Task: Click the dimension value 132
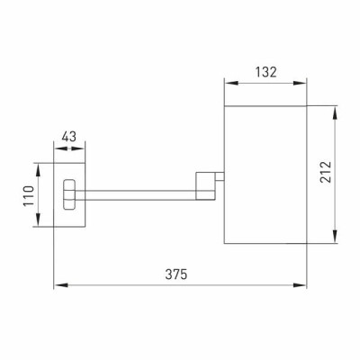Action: (x=265, y=72)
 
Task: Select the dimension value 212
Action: (x=326, y=172)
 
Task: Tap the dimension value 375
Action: (x=176, y=274)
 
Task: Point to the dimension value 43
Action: (x=69, y=137)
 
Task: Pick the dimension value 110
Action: (x=29, y=196)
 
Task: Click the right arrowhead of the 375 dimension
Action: (x=300, y=285)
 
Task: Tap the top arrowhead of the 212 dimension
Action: (x=335, y=113)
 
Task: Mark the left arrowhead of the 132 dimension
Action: (x=231, y=83)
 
